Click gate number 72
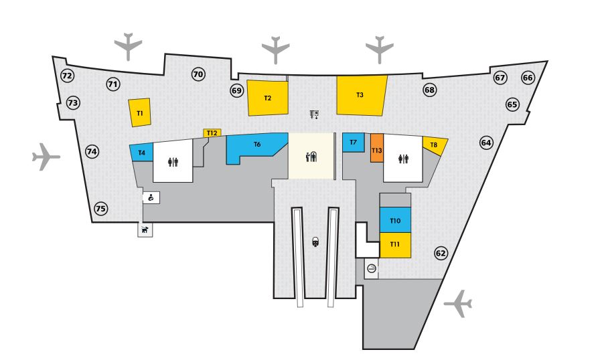click(x=67, y=76)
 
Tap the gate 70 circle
click(x=198, y=74)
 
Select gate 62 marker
click(x=441, y=253)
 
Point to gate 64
click(x=486, y=143)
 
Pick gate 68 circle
click(x=429, y=90)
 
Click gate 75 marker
click(x=100, y=209)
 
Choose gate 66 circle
click(x=528, y=78)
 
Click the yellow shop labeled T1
click(x=140, y=112)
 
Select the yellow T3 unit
click(x=361, y=95)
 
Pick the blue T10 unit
click(x=394, y=220)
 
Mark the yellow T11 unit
click(x=394, y=245)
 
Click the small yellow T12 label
click(x=212, y=133)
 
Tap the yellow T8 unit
click(x=433, y=145)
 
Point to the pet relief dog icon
click(x=145, y=230)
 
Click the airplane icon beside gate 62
click(x=459, y=303)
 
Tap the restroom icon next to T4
click(x=173, y=161)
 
